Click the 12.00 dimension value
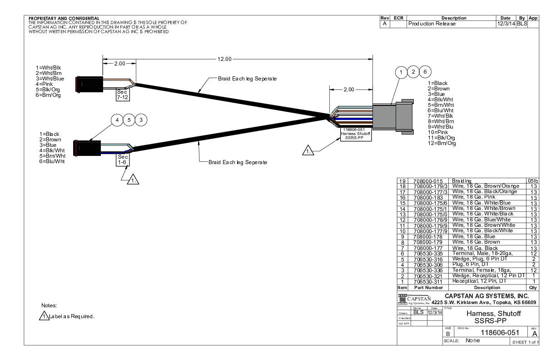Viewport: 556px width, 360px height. [224, 59]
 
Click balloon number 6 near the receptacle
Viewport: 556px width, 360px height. [425, 72]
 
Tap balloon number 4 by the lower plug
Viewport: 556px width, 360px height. [117, 120]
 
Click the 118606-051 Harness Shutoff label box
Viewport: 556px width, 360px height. [356, 134]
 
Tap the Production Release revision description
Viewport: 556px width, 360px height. [432, 24]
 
